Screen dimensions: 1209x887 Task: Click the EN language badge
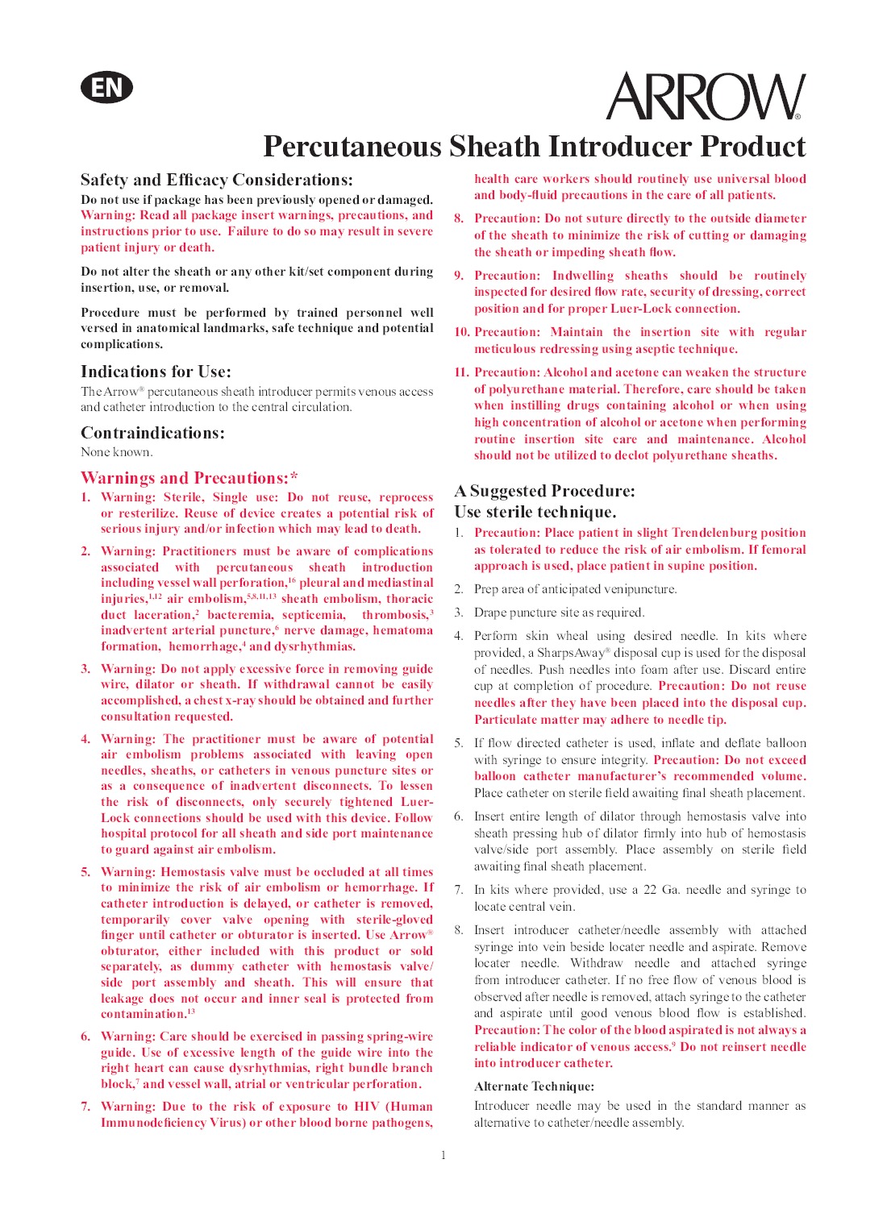(x=106, y=87)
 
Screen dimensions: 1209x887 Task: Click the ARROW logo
(x=705, y=97)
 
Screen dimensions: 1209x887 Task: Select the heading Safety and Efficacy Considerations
(x=216, y=180)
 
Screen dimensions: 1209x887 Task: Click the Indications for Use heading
(x=156, y=372)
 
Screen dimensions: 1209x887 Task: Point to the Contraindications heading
(x=152, y=433)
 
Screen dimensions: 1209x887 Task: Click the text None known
(x=116, y=452)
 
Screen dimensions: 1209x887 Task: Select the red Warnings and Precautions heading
(x=189, y=478)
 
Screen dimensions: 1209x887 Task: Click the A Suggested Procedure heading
(x=544, y=491)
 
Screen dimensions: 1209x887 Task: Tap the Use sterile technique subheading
(x=535, y=512)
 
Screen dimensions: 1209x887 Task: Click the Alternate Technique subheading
(x=534, y=1086)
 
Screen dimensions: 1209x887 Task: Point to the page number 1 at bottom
(x=443, y=1155)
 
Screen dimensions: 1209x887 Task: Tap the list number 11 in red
(x=461, y=372)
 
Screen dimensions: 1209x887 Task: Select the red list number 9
(x=459, y=276)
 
